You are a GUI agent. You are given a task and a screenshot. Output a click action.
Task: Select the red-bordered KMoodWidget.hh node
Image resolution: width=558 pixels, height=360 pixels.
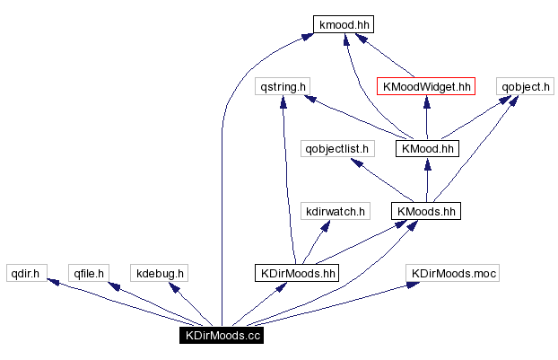click(x=425, y=87)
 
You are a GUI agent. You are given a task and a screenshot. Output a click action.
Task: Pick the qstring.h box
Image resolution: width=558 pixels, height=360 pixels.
click(x=283, y=87)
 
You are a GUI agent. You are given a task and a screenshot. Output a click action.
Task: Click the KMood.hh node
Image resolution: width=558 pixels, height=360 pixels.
click(x=427, y=148)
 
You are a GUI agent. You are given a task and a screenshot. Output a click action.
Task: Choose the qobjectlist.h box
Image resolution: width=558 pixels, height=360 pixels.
click(x=336, y=148)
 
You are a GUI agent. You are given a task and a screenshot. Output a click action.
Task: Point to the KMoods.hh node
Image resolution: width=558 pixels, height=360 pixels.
click(x=426, y=211)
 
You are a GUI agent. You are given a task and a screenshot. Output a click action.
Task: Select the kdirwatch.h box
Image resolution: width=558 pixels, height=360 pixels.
click(x=335, y=211)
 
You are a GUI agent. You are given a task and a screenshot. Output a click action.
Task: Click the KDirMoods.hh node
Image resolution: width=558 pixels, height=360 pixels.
click(x=296, y=273)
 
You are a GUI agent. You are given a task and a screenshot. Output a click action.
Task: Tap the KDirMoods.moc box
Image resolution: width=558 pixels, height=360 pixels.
click(x=453, y=273)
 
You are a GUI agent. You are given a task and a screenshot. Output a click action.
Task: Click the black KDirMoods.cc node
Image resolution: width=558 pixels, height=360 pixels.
click(x=221, y=336)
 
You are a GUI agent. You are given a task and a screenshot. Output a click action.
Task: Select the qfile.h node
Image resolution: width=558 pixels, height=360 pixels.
click(x=90, y=273)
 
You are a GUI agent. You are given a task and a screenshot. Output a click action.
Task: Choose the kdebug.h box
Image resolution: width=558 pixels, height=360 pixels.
click(x=158, y=273)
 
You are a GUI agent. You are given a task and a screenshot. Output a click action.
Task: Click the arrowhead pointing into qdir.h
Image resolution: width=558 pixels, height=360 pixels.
click(x=53, y=283)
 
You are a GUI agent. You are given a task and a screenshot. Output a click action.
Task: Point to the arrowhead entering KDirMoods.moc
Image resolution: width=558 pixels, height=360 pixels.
click(x=412, y=285)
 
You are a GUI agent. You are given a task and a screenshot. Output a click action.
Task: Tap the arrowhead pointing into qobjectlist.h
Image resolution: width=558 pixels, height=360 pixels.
click(x=356, y=162)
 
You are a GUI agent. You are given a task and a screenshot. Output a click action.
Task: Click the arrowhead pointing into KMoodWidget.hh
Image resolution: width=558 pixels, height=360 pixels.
click(x=426, y=101)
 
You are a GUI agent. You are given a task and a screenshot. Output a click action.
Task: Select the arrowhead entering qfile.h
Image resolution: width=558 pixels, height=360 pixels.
click(x=113, y=285)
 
